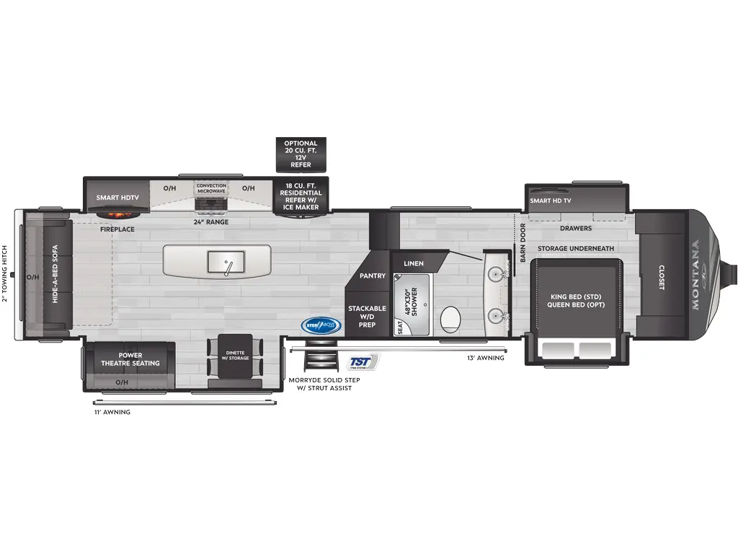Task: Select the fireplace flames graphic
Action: click(x=116, y=214)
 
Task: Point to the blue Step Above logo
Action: click(x=321, y=325)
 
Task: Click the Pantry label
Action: click(x=373, y=276)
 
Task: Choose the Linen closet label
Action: click(x=414, y=263)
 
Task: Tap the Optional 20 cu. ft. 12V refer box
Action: click(x=301, y=154)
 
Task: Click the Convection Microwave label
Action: click(x=211, y=189)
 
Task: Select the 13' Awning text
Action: click(x=486, y=358)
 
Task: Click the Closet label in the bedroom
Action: click(x=662, y=277)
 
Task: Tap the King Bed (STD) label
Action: click(x=577, y=296)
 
